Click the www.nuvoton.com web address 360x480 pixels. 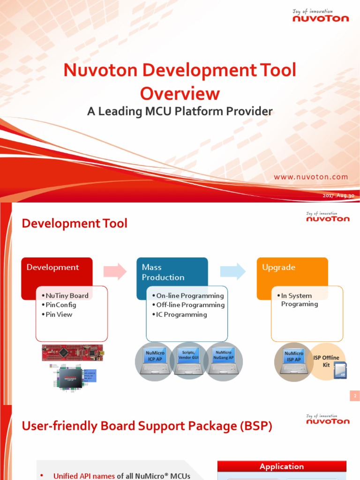coord(311,177)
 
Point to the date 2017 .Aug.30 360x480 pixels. coord(338,195)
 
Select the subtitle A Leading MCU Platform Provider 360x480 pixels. coord(180,112)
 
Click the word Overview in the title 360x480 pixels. coord(180,93)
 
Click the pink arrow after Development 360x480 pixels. coord(115,271)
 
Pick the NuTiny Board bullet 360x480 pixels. coord(67,296)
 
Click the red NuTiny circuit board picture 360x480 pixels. coord(73,352)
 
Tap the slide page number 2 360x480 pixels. coord(355,396)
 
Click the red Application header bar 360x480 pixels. coord(282,466)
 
